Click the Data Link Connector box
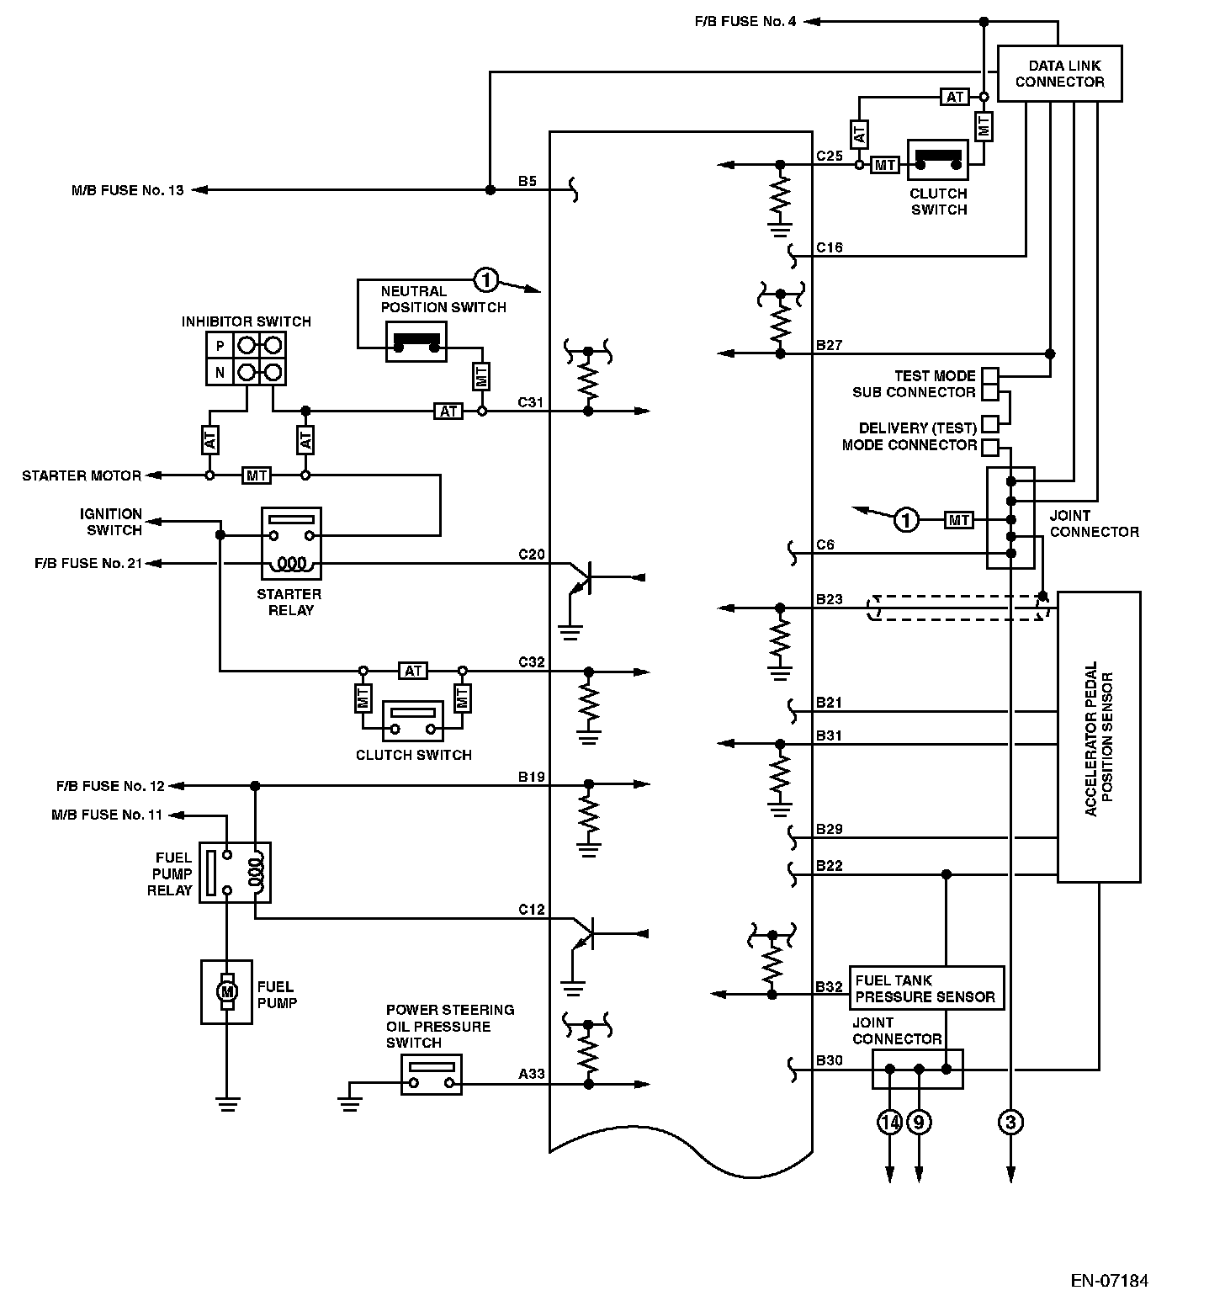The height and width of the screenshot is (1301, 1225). pyautogui.click(x=1059, y=74)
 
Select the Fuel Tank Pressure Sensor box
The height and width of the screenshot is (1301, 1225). pyautogui.click(x=925, y=988)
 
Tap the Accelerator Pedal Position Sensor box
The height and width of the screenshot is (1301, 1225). pyautogui.click(x=1098, y=737)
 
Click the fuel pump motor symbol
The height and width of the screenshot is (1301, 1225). pyautogui.click(x=226, y=992)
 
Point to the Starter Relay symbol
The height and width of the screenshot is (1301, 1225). pyautogui.click(x=291, y=543)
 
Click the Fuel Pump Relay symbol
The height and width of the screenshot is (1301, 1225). pyautogui.click(x=235, y=873)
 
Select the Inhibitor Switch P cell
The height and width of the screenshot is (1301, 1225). pyautogui.click(x=220, y=346)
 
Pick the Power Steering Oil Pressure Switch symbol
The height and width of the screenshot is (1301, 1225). pyautogui.click(x=431, y=1074)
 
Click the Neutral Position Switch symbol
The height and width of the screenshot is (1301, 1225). pyautogui.click(x=415, y=342)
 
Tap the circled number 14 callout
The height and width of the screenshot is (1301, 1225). pyautogui.click(x=889, y=1122)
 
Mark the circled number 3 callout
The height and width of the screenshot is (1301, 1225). pyautogui.click(x=1010, y=1122)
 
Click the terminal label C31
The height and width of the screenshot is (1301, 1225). pyautogui.click(x=530, y=402)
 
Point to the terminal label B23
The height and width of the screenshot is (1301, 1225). pyautogui.click(x=829, y=599)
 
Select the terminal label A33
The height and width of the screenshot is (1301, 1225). pyautogui.click(x=531, y=1074)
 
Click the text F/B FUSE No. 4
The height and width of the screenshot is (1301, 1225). pyautogui.click(x=745, y=21)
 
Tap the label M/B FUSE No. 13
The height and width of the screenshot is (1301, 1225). pyautogui.click(x=127, y=190)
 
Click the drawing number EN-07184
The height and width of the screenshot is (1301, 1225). pyautogui.click(x=1109, y=1281)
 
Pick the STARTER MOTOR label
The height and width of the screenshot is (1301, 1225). pyautogui.click(x=82, y=475)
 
